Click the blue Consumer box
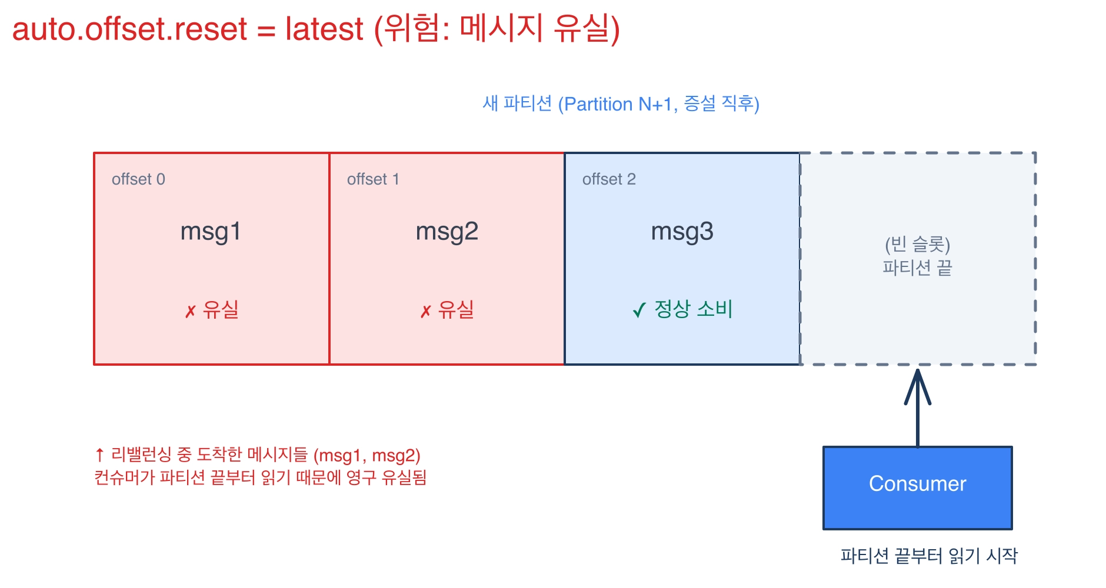(917, 488)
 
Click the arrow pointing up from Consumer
(917, 408)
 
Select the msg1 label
(211, 232)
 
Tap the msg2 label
(447, 232)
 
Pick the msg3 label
(682, 232)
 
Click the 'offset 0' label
(138, 179)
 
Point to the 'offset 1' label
(373, 179)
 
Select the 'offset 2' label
(609, 179)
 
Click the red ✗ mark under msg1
(190, 312)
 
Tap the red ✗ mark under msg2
(425, 312)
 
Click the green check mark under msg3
(639, 310)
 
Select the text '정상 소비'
(694, 309)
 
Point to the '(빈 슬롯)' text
(917, 244)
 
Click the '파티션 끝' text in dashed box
(917, 268)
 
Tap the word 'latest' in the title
(324, 29)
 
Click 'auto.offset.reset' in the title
(129, 29)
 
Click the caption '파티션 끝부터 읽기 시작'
(929, 556)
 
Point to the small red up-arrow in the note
(99, 455)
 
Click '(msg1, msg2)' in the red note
(367, 456)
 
